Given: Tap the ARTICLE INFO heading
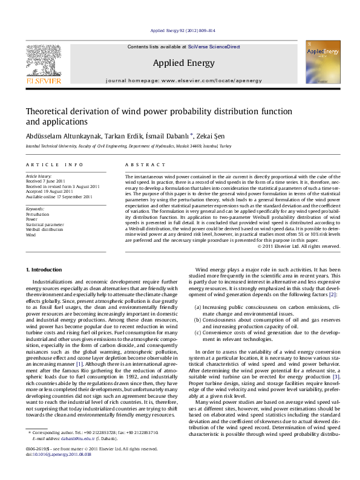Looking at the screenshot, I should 54,164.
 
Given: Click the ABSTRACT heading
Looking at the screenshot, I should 145,164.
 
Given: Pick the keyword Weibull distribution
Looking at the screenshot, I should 44,229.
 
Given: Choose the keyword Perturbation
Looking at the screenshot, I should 37,215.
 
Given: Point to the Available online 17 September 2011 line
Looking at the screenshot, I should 59,196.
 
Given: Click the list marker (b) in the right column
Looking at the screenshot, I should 198,319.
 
